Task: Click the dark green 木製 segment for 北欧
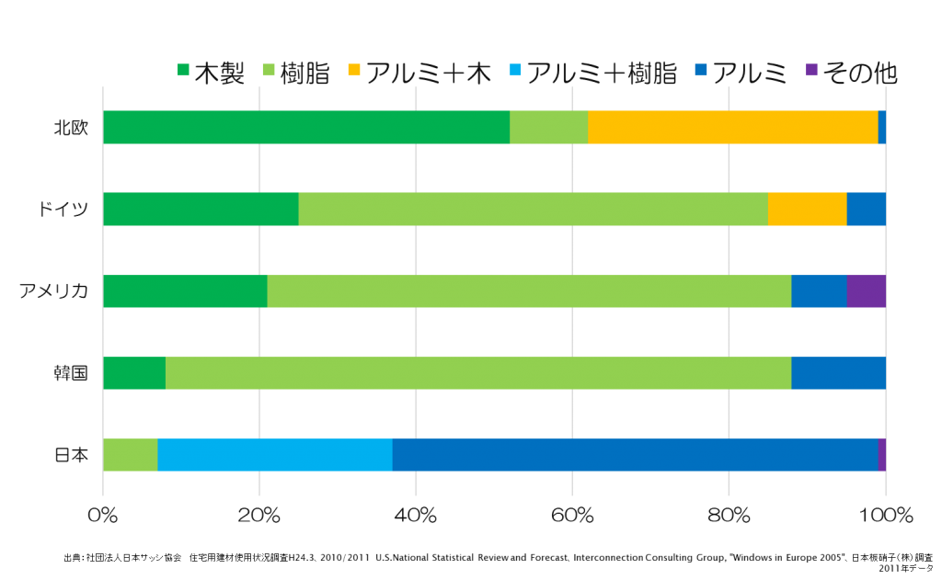point(306,128)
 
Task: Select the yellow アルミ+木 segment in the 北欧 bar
point(733,128)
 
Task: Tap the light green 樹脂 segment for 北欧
point(548,128)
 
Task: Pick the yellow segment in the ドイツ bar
point(807,210)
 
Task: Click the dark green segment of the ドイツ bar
point(201,210)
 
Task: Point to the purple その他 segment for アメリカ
point(866,291)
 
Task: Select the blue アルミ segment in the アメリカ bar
point(819,291)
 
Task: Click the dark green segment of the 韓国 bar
point(134,373)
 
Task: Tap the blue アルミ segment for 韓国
point(838,373)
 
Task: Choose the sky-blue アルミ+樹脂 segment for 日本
point(275,455)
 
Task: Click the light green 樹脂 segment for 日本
point(130,455)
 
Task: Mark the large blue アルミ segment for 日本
point(635,455)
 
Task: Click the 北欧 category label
point(71,128)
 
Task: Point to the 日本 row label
point(71,455)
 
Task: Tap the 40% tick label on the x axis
point(416,516)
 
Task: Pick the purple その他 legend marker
point(810,71)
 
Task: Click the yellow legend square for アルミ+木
point(353,71)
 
